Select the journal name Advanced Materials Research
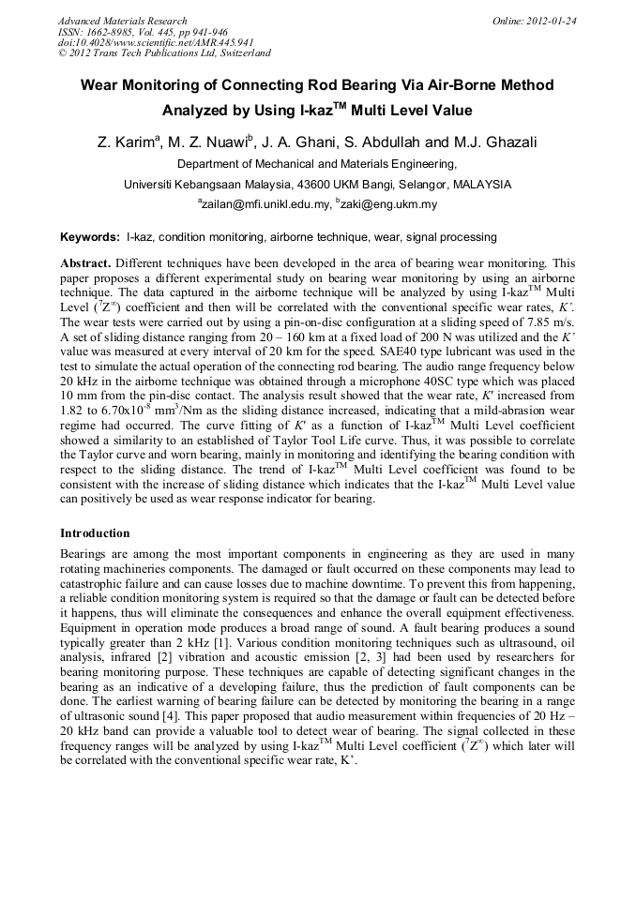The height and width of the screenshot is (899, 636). (122, 21)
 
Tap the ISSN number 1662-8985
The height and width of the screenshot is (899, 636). (114, 32)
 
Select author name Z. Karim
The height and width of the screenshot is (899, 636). (126, 142)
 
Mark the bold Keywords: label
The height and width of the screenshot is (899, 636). (90, 238)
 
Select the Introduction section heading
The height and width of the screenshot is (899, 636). (95, 532)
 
